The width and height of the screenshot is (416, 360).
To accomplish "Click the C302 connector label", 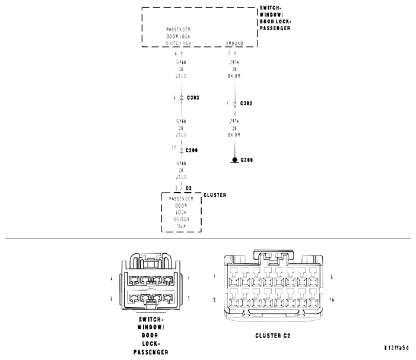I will tap(246, 103).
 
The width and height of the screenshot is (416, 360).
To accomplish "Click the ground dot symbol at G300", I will tap(235, 160).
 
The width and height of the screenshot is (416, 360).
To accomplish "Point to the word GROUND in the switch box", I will tap(235, 44).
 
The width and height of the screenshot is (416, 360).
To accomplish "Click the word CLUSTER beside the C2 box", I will tap(214, 195).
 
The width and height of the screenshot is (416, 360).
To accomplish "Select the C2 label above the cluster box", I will tap(189, 187).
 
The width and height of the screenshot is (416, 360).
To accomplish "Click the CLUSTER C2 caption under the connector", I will tap(272, 336).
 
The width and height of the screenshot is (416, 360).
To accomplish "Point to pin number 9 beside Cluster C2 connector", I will tap(214, 300).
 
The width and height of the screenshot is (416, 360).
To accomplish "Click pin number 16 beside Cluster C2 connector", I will tap(332, 300).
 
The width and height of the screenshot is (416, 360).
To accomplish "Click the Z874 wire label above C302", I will tap(235, 61).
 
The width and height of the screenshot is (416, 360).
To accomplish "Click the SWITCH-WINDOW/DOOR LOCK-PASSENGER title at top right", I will tap(275, 18).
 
